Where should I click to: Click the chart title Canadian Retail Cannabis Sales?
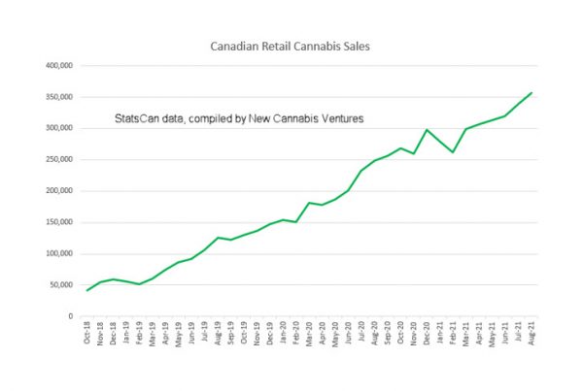[291, 46]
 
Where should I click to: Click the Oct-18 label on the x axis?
[88, 336]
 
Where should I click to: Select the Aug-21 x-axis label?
[532, 336]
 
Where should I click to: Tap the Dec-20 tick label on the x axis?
[428, 336]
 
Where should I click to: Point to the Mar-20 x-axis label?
[310, 336]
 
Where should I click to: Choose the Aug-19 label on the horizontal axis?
[219, 336]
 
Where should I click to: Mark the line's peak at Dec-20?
[427, 130]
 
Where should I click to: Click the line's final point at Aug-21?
[532, 93]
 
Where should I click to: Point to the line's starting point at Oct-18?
[87, 290]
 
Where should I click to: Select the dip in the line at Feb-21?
[453, 152]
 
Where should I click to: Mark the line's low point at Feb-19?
[140, 284]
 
